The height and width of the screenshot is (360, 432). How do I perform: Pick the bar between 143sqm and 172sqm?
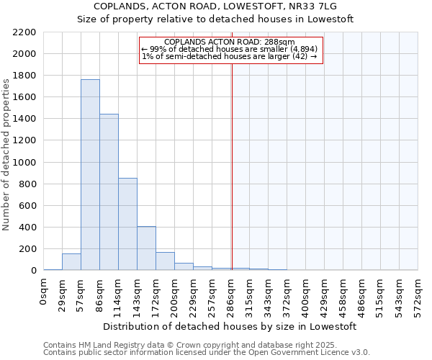coord(146,248)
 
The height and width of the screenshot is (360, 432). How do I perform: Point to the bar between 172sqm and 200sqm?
coord(165,261)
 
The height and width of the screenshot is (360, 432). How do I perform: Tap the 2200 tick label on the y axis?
coord(24,32)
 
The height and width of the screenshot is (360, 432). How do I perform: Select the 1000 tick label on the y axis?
coord(24,163)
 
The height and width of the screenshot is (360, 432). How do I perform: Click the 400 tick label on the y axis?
coord(27,228)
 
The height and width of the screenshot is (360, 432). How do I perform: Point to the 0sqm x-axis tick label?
coord(44,292)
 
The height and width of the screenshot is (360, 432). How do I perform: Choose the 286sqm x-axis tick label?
coord(231,296)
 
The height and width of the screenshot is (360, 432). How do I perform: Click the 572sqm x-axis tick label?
coord(418,296)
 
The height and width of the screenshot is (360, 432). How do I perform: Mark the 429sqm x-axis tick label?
coord(325,296)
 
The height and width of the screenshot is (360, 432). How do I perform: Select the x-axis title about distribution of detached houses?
coord(230,327)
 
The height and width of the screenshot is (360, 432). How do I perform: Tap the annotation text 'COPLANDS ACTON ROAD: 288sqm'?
coord(230,42)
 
